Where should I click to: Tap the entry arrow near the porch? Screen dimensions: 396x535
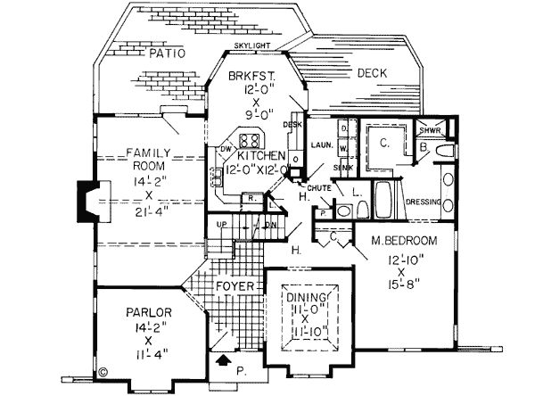click(221, 362)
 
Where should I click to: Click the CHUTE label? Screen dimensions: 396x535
click(319, 188)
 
